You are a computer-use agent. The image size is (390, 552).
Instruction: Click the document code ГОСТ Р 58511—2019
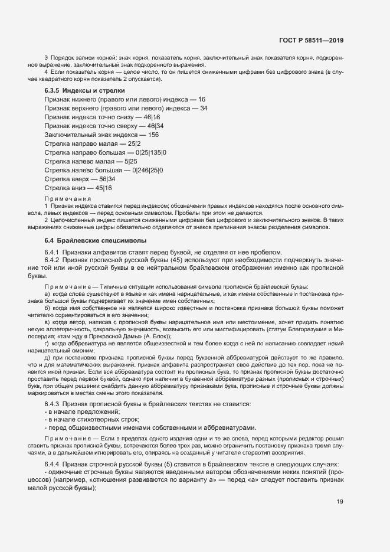(310, 41)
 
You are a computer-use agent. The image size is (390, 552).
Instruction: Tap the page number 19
(340, 502)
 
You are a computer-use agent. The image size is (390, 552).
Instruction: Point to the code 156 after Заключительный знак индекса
(153, 135)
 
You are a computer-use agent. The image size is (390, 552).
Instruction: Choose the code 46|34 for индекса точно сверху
(156, 126)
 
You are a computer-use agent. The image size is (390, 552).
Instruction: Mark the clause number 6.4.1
(53, 252)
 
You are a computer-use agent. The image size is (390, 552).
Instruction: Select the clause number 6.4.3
(53, 404)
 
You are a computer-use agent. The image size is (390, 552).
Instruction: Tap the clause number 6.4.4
(53, 465)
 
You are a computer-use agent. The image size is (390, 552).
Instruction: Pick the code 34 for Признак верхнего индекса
(204, 108)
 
